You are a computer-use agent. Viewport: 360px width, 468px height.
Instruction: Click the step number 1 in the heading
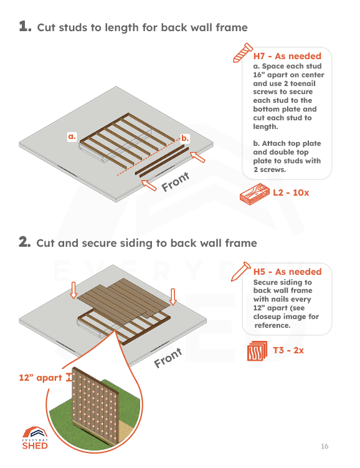coord(24,27)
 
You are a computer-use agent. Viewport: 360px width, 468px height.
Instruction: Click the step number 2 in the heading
coord(24,242)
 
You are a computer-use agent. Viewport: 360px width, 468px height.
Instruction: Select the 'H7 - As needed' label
coord(287,57)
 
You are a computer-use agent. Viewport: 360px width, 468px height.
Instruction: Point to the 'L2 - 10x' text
coord(291,193)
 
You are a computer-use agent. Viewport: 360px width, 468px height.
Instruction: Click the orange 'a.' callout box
coord(72,136)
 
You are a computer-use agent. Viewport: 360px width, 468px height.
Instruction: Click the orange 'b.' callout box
coord(185,136)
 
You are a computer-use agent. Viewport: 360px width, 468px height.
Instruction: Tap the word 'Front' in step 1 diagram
coord(175,181)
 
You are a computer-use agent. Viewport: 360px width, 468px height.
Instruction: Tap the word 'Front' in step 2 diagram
coord(168,358)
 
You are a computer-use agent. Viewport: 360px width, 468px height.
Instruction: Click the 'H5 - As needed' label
coord(287,272)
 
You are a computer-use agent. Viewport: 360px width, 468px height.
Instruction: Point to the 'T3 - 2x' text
coord(288,350)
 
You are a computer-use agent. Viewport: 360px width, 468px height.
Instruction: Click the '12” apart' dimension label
coord(40,378)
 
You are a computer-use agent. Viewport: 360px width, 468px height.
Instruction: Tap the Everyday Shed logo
coord(35,438)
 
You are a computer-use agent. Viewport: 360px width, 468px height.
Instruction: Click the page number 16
coord(324,446)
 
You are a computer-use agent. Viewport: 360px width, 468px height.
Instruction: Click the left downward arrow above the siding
coord(73,289)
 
